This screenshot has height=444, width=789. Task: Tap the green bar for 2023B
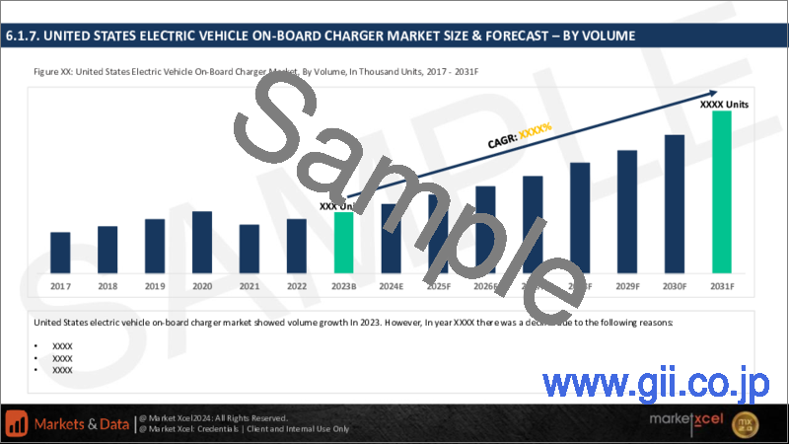tap(343, 243)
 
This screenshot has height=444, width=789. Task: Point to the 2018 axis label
tap(108, 286)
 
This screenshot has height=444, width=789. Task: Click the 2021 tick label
tap(250, 286)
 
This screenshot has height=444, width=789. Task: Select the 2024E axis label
tap(392, 286)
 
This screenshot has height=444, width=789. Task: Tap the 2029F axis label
tap(627, 286)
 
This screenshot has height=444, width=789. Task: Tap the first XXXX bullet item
tap(62, 346)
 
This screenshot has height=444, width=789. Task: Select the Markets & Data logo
tap(69, 422)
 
